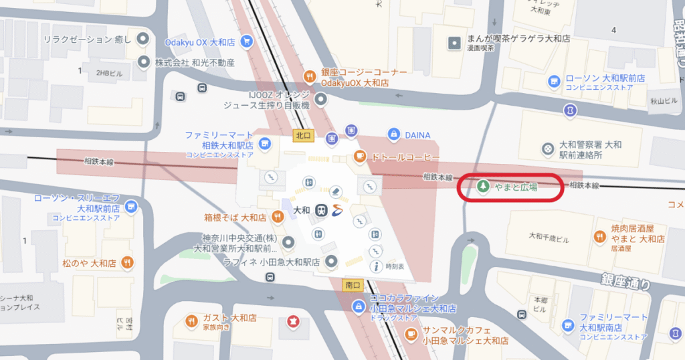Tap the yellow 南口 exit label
pyautogui.click(x=352, y=285)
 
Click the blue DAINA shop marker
pyautogui.click(x=395, y=134)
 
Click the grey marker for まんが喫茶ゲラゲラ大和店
pyautogui.click(x=455, y=43)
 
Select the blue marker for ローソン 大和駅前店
pyautogui.click(x=554, y=81)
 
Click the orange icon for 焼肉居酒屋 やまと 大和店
pyautogui.click(x=599, y=236)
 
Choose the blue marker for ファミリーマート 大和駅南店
pyautogui.click(x=567, y=326)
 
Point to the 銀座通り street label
pyautogui.click(x=625, y=282)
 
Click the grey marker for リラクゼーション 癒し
pyautogui.click(x=142, y=39)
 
